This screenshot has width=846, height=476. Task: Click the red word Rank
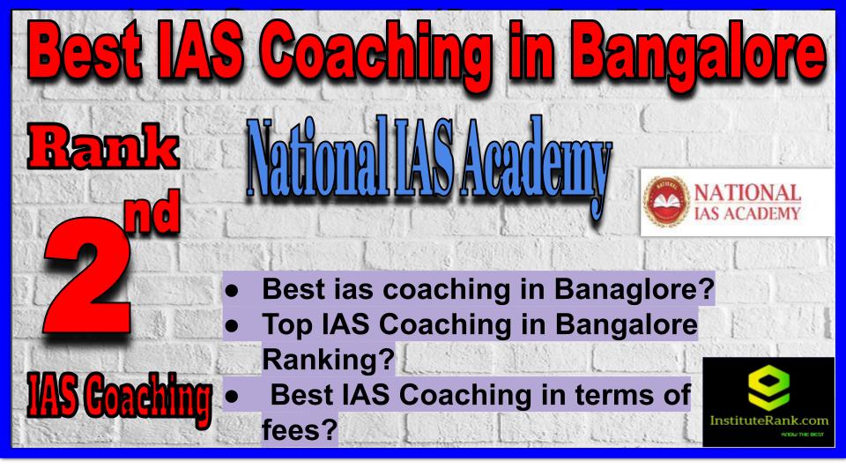[103, 147]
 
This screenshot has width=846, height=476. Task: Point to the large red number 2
[88, 275]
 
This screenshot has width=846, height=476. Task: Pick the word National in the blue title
[317, 158]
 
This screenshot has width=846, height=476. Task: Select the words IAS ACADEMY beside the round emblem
[746, 213]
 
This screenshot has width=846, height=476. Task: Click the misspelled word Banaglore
[634, 289]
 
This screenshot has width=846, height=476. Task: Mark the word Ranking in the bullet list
[329, 360]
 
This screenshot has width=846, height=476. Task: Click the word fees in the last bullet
[300, 430]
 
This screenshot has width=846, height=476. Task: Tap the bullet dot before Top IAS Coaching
[232, 326]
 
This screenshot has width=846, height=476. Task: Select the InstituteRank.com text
[768, 421]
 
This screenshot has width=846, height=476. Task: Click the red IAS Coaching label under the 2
[119, 398]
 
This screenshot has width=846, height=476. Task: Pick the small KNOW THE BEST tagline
[802, 435]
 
